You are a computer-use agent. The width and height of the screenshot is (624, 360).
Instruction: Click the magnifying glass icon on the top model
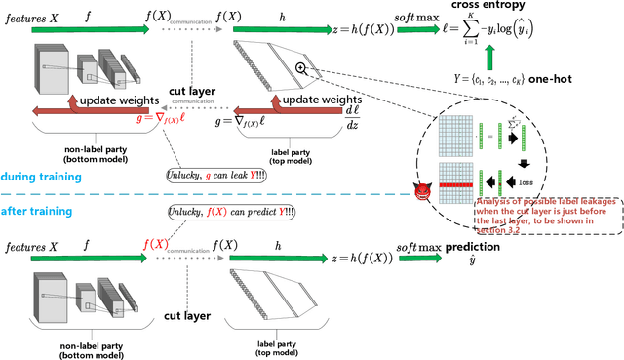pos(303,67)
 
